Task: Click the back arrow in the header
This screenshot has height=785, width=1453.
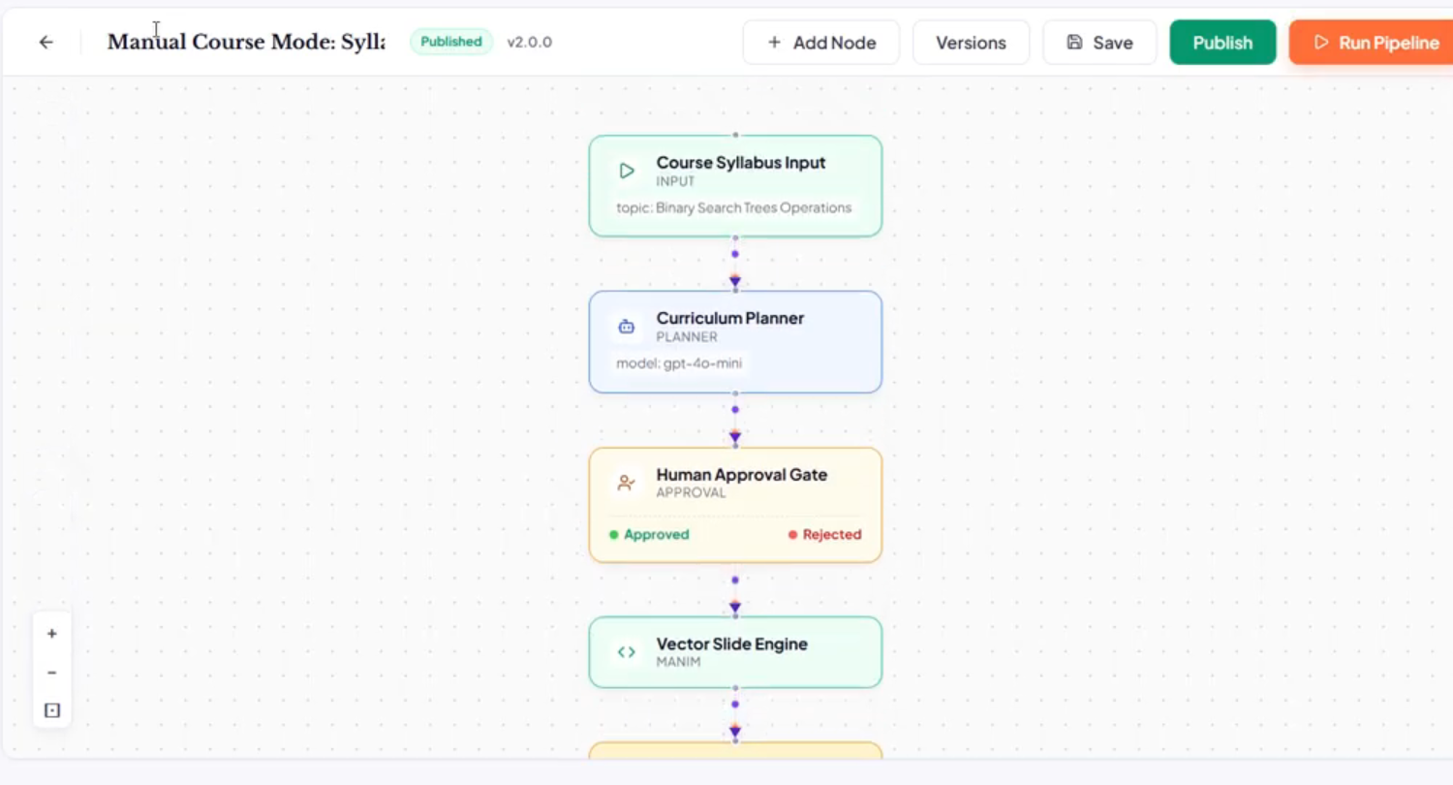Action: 46,43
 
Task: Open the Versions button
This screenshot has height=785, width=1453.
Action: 971,43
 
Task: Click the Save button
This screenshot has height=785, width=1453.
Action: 1099,43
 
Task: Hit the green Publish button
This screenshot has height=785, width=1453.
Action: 1222,43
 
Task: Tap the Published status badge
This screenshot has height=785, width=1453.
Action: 451,43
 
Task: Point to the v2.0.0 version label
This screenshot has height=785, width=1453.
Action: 529,43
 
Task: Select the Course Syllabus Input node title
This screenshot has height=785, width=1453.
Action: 741,162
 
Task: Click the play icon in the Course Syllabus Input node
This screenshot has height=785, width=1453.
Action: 627,171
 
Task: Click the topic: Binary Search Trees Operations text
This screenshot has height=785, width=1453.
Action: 733,207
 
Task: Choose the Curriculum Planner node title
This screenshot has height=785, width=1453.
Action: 730,318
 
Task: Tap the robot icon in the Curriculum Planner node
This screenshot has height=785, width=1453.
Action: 626,327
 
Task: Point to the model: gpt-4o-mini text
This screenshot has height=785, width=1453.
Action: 678,363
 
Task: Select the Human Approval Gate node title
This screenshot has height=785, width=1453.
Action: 741,474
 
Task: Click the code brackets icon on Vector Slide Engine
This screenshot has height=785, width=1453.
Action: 626,652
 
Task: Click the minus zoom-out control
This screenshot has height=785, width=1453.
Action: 52,673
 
